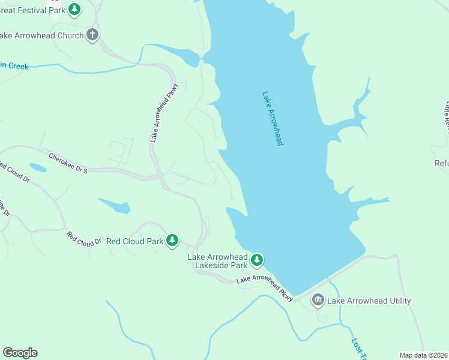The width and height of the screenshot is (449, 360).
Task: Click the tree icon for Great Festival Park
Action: click(x=74, y=9)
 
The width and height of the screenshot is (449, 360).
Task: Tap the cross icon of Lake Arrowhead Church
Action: click(x=92, y=35)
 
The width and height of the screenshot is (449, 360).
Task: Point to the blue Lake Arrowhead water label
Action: click(x=272, y=118)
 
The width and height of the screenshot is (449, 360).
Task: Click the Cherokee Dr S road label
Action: click(x=68, y=163)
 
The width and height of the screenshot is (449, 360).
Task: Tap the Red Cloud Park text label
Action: click(x=134, y=241)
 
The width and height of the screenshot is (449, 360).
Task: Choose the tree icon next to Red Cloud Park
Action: click(x=172, y=241)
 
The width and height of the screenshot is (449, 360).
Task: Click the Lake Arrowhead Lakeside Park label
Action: click(x=217, y=261)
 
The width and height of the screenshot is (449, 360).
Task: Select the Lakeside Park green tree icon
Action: click(x=257, y=260)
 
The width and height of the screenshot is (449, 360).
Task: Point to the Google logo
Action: click(x=20, y=353)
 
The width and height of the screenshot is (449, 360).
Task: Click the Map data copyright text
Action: click(x=423, y=355)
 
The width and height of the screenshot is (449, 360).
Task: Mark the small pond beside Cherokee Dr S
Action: click(x=37, y=168)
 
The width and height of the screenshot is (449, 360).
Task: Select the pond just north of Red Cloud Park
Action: click(x=115, y=206)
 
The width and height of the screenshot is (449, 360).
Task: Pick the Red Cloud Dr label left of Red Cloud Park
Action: click(x=84, y=239)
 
